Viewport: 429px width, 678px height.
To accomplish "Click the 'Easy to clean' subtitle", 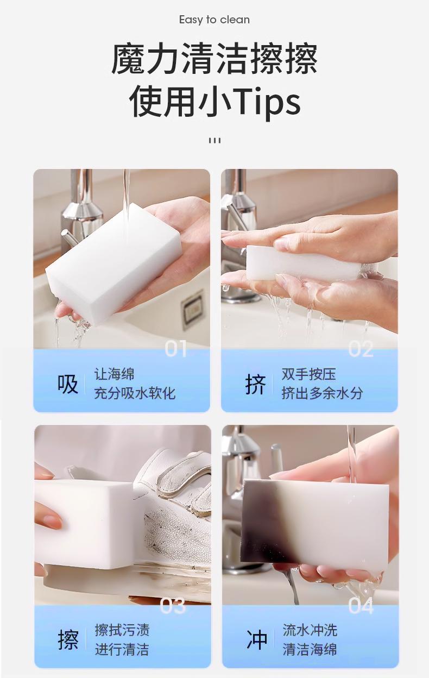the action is (x=214, y=20).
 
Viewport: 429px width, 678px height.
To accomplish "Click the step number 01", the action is (x=175, y=348).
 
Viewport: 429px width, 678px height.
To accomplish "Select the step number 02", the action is (x=361, y=349).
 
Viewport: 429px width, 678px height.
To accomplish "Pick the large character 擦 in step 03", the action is (x=68, y=640).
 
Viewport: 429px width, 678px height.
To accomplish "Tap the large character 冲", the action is (x=257, y=640).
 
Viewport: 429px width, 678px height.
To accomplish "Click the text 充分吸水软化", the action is (x=135, y=393).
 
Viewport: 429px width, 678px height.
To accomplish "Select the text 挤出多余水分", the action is (x=322, y=393).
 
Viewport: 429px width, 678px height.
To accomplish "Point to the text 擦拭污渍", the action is (x=122, y=630).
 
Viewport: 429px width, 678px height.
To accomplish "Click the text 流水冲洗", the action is (x=310, y=630).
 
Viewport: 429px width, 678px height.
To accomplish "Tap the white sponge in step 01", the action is (x=113, y=263).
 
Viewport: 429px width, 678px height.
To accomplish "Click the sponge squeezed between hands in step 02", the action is (x=304, y=263).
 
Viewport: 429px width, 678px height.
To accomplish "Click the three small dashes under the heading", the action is (x=214, y=141).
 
